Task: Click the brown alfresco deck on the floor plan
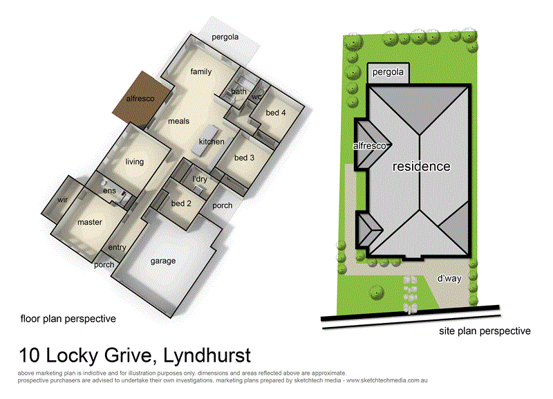142,100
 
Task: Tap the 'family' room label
201,72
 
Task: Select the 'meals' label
178,122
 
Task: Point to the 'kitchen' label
212,142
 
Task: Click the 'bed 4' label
274,112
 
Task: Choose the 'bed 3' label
245,158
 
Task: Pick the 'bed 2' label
181,203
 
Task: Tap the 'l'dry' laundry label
200,180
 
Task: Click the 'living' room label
134,162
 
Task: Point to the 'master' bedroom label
90,222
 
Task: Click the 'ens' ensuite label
109,191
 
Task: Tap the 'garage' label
163,261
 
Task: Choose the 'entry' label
117,247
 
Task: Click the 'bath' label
239,91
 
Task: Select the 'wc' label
257,97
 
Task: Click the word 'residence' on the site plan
422,167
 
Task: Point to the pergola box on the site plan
388,72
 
